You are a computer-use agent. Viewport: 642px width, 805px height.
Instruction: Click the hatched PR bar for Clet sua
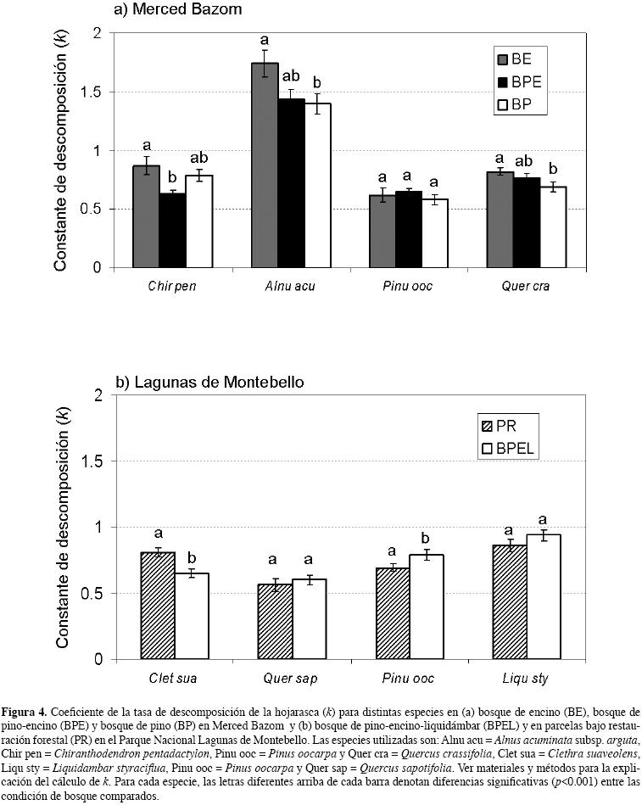click(x=158, y=606)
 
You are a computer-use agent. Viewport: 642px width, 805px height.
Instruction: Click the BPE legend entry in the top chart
click(x=518, y=82)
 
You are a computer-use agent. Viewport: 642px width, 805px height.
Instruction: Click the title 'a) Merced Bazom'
click(x=178, y=10)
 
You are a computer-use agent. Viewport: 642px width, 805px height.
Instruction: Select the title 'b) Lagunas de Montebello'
click(x=209, y=383)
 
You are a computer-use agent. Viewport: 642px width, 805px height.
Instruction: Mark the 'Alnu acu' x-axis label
click(x=291, y=286)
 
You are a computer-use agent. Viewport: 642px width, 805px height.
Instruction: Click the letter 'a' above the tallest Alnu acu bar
click(x=265, y=40)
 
